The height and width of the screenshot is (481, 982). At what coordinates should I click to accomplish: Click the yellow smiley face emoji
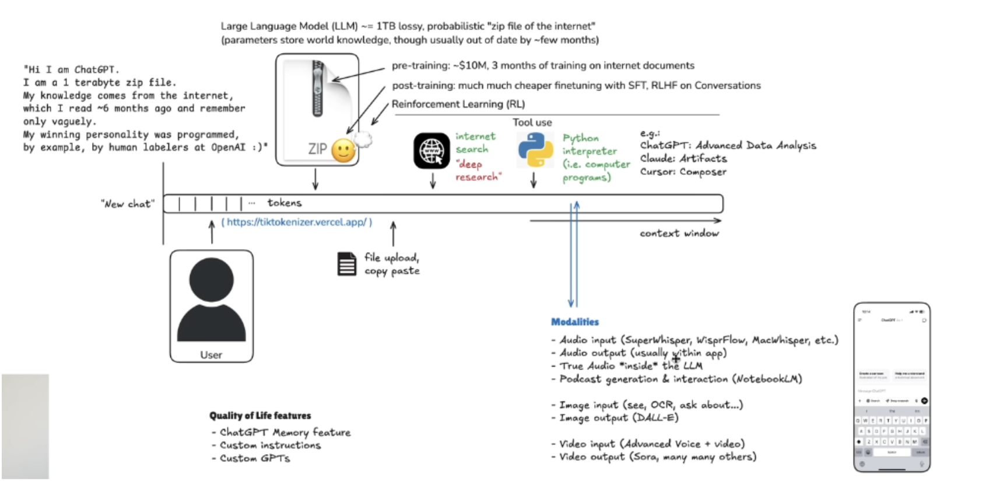pyautogui.click(x=343, y=151)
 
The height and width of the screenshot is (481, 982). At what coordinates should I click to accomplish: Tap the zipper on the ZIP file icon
pyautogui.click(x=317, y=88)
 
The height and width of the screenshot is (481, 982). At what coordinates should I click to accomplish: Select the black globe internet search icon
pyautogui.click(x=432, y=151)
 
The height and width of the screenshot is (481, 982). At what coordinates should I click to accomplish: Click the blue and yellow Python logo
pyautogui.click(x=535, y=150)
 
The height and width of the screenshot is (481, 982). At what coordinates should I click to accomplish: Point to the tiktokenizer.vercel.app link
pyautogui.click(x=297, y=222)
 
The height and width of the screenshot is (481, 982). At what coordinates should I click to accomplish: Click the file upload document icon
pyautogui.click(x=347, y=264)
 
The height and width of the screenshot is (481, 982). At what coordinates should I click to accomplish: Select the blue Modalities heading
pyautogui.click(x=575, y=322)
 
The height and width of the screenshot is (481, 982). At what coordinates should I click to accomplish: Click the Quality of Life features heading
pyautogui.click(x=260, y=416)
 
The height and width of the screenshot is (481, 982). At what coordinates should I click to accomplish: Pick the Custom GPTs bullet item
pyautogui.click(x=254, y=459)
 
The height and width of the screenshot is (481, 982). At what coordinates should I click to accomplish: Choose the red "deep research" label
pyautogui.click(x=478, y=170)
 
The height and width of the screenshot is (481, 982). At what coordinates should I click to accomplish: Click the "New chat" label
pyautogui.click(x=128, y=204)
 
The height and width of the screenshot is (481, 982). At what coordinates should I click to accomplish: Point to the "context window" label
pyautogui.click(x=679, y=233)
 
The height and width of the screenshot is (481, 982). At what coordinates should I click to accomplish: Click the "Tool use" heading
pyautogui.click(x=532, y=123)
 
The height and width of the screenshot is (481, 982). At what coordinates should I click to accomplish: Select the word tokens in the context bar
pyautogui.click(x=285, y=203)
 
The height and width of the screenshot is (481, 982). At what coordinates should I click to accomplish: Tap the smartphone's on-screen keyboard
pyautogui.click(x=892, y=432)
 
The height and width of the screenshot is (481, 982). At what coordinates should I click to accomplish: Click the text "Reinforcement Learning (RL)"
pyautogui.click(x=458, y=104)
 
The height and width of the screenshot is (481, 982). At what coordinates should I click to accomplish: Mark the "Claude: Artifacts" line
pyautogui.click(x=683, y=159)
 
